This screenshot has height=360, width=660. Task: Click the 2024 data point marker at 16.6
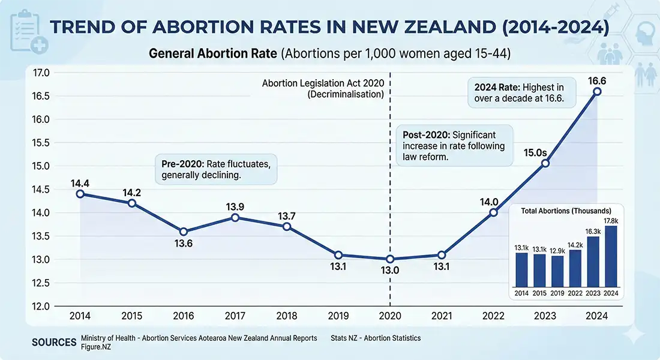597,91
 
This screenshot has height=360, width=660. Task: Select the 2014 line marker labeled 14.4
80,194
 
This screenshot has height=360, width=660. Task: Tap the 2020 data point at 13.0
390,259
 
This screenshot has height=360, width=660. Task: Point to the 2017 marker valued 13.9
235,217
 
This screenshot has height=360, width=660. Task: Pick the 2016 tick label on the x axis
184,316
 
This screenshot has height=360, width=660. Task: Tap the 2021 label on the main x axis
442,316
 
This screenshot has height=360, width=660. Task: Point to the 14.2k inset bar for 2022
575,268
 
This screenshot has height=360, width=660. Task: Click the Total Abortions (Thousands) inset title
566,211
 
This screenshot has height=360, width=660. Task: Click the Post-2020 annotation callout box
454,146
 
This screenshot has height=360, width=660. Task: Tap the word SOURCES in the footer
53,342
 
